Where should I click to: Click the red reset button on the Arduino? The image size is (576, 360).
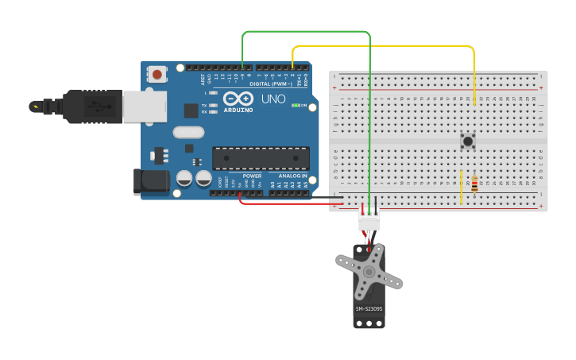point(157,75)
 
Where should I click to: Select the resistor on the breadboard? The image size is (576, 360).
point(474,184)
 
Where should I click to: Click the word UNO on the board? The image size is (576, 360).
point(273,99)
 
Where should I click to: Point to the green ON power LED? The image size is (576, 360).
point(296,105)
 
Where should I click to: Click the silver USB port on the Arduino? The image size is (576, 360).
point(144,106)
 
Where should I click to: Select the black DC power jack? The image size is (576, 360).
point(153,182)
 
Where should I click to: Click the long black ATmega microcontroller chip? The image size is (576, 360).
point(260,158)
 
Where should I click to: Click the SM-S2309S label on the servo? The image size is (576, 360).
point(369,309)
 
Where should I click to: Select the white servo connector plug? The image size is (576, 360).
point(369,223)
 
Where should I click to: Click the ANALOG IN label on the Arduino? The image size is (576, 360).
point(292,176)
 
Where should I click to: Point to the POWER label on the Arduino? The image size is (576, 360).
point(252,176)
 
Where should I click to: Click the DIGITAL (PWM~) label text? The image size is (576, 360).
point(270,83)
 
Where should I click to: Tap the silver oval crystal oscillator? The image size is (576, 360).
point(188,133)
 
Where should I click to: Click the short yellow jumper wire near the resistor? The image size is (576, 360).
point(461,187)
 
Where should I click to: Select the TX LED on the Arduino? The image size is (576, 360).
point(211,105)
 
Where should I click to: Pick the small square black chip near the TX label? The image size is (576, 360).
point(191,110)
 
